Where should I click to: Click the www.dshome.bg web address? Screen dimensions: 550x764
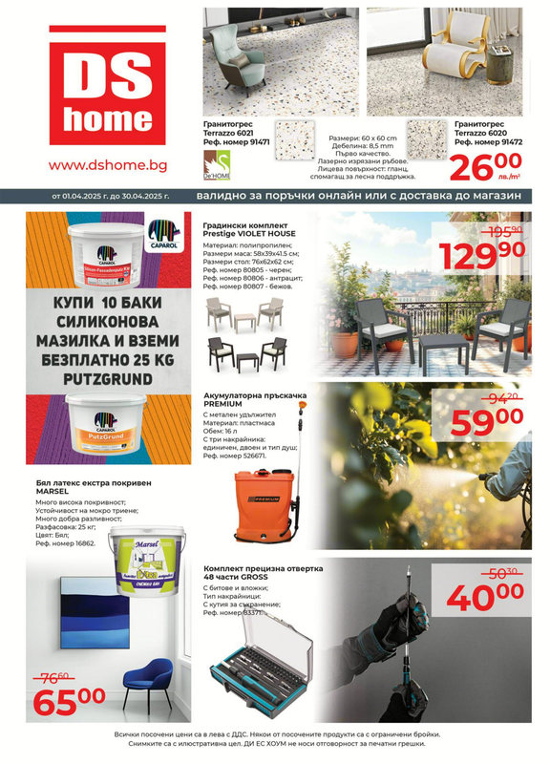click(108, 165)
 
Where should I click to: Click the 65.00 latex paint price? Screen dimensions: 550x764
click(70, 699)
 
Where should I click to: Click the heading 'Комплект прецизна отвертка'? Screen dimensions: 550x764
click(263, 568)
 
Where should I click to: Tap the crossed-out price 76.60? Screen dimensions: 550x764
click(56, 675)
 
